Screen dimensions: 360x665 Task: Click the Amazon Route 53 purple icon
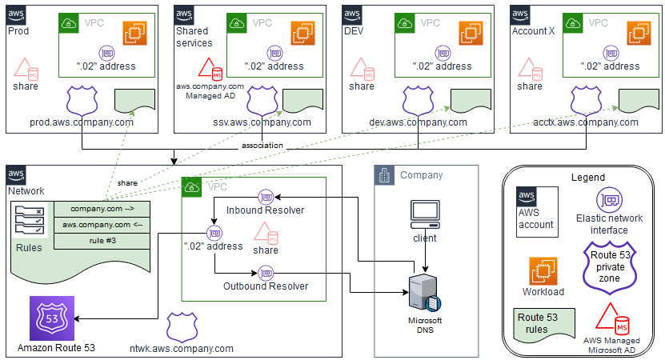(51, 318)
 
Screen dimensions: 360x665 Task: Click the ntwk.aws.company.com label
(182, 348)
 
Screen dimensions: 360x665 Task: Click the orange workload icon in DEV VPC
(471, 34)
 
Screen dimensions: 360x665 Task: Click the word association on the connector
(262, 146)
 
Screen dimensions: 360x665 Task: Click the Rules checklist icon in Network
(30, 220)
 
